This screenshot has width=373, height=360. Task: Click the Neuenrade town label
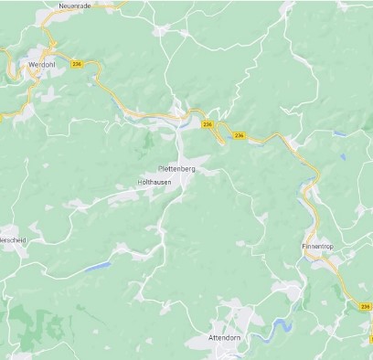coord(76,5)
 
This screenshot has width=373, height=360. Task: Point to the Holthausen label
coord(154,183)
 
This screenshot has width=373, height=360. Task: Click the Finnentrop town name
coord(319,247)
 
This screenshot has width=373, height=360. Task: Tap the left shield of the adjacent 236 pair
coord(208,124)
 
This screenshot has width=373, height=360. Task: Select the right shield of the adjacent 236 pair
coord(240,135)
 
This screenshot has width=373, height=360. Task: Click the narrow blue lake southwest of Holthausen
coord(97,267)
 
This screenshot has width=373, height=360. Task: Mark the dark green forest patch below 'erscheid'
coord(41,324)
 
